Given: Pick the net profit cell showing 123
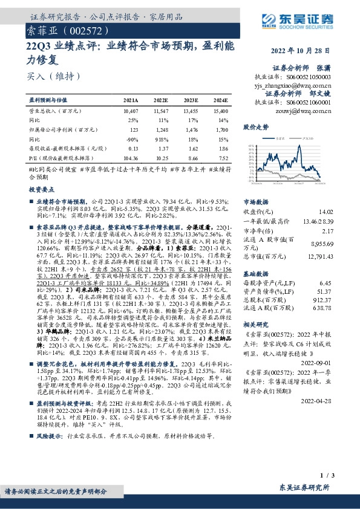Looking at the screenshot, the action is [x=134, y=130].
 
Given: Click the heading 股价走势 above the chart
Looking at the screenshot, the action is [x=255, y=128].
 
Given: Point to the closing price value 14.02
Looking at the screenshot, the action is [x=342, y=212].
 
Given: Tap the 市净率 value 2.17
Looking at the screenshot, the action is [x=344, y=231].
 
